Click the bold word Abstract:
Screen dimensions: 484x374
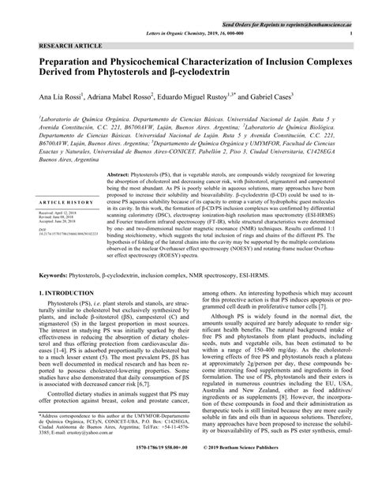pyautogui.click(x=122, y=174)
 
